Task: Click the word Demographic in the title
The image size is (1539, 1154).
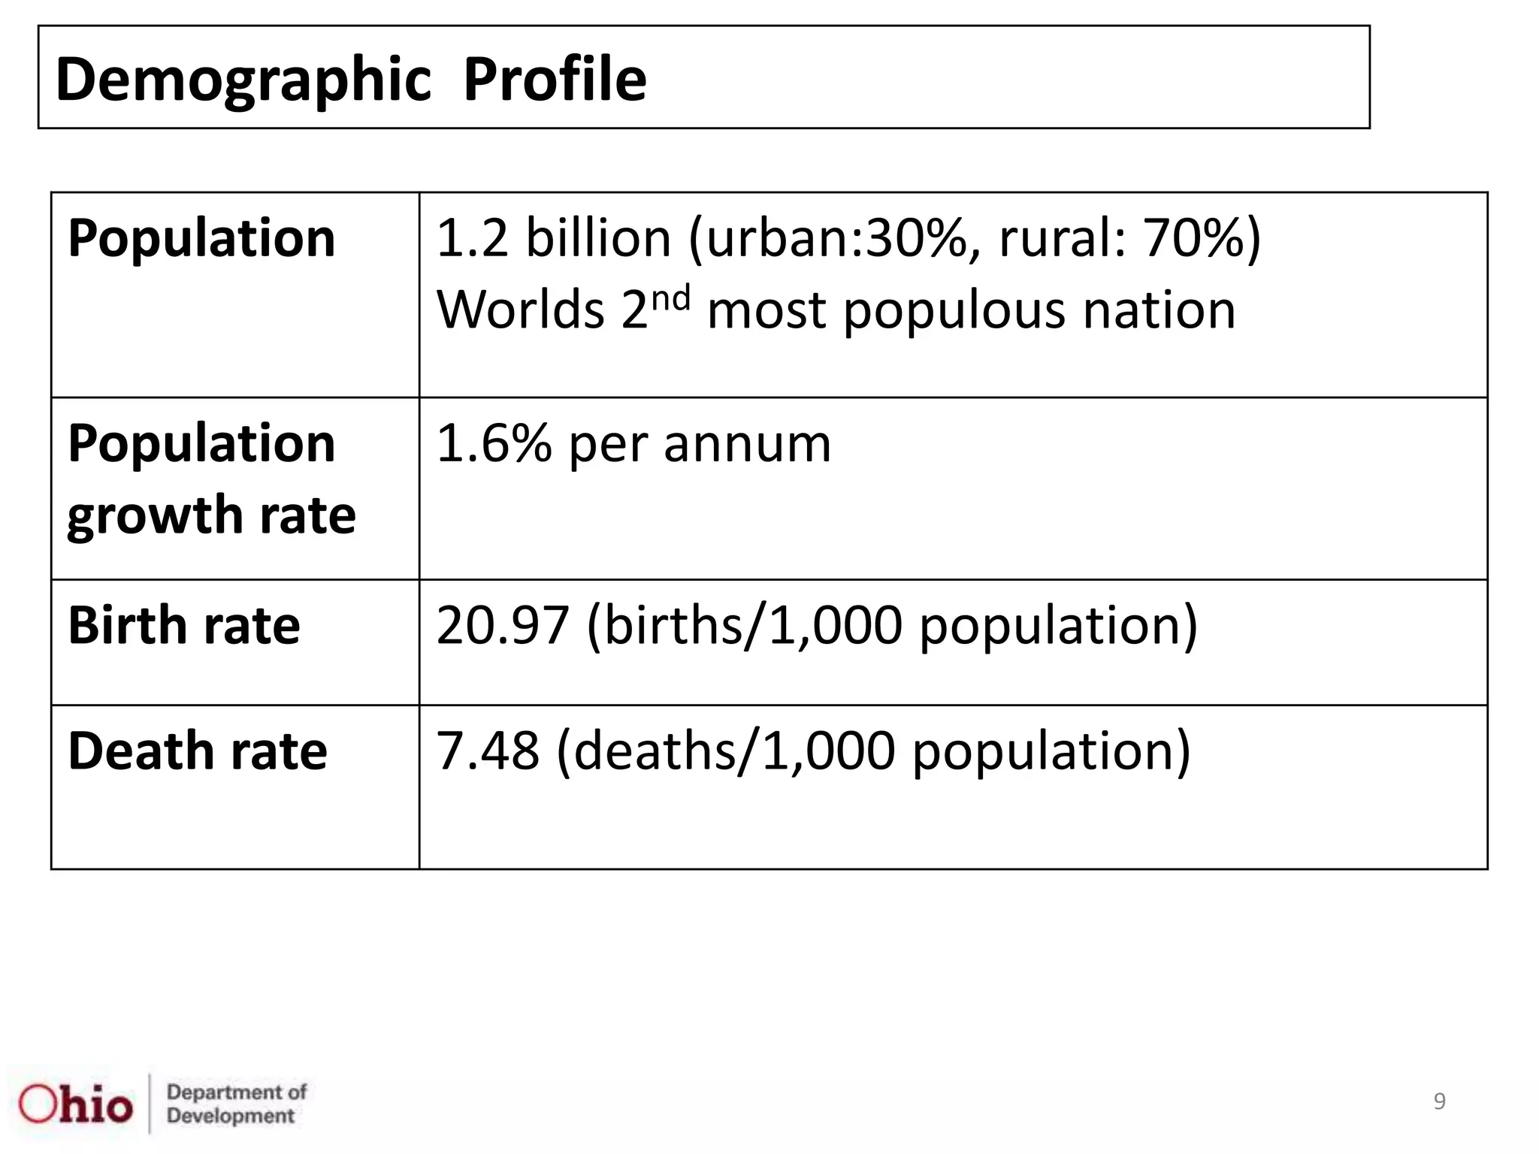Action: [243, 80]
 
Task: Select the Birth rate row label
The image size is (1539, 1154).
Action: [184, 625]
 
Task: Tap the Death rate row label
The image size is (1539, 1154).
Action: [198, 751]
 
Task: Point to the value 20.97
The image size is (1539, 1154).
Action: [502, 625]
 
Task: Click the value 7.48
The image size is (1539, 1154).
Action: [488, 751]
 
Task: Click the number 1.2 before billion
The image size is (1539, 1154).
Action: [472, 238]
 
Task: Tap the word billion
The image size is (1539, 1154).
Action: [597, 238]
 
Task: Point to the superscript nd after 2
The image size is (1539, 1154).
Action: [670, 299]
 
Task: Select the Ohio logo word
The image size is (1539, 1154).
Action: [76, 1104]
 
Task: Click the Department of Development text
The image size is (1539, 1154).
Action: [236, 1104]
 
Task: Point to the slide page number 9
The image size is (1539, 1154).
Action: [1439, 1101]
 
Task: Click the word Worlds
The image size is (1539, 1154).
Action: [520, 310]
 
